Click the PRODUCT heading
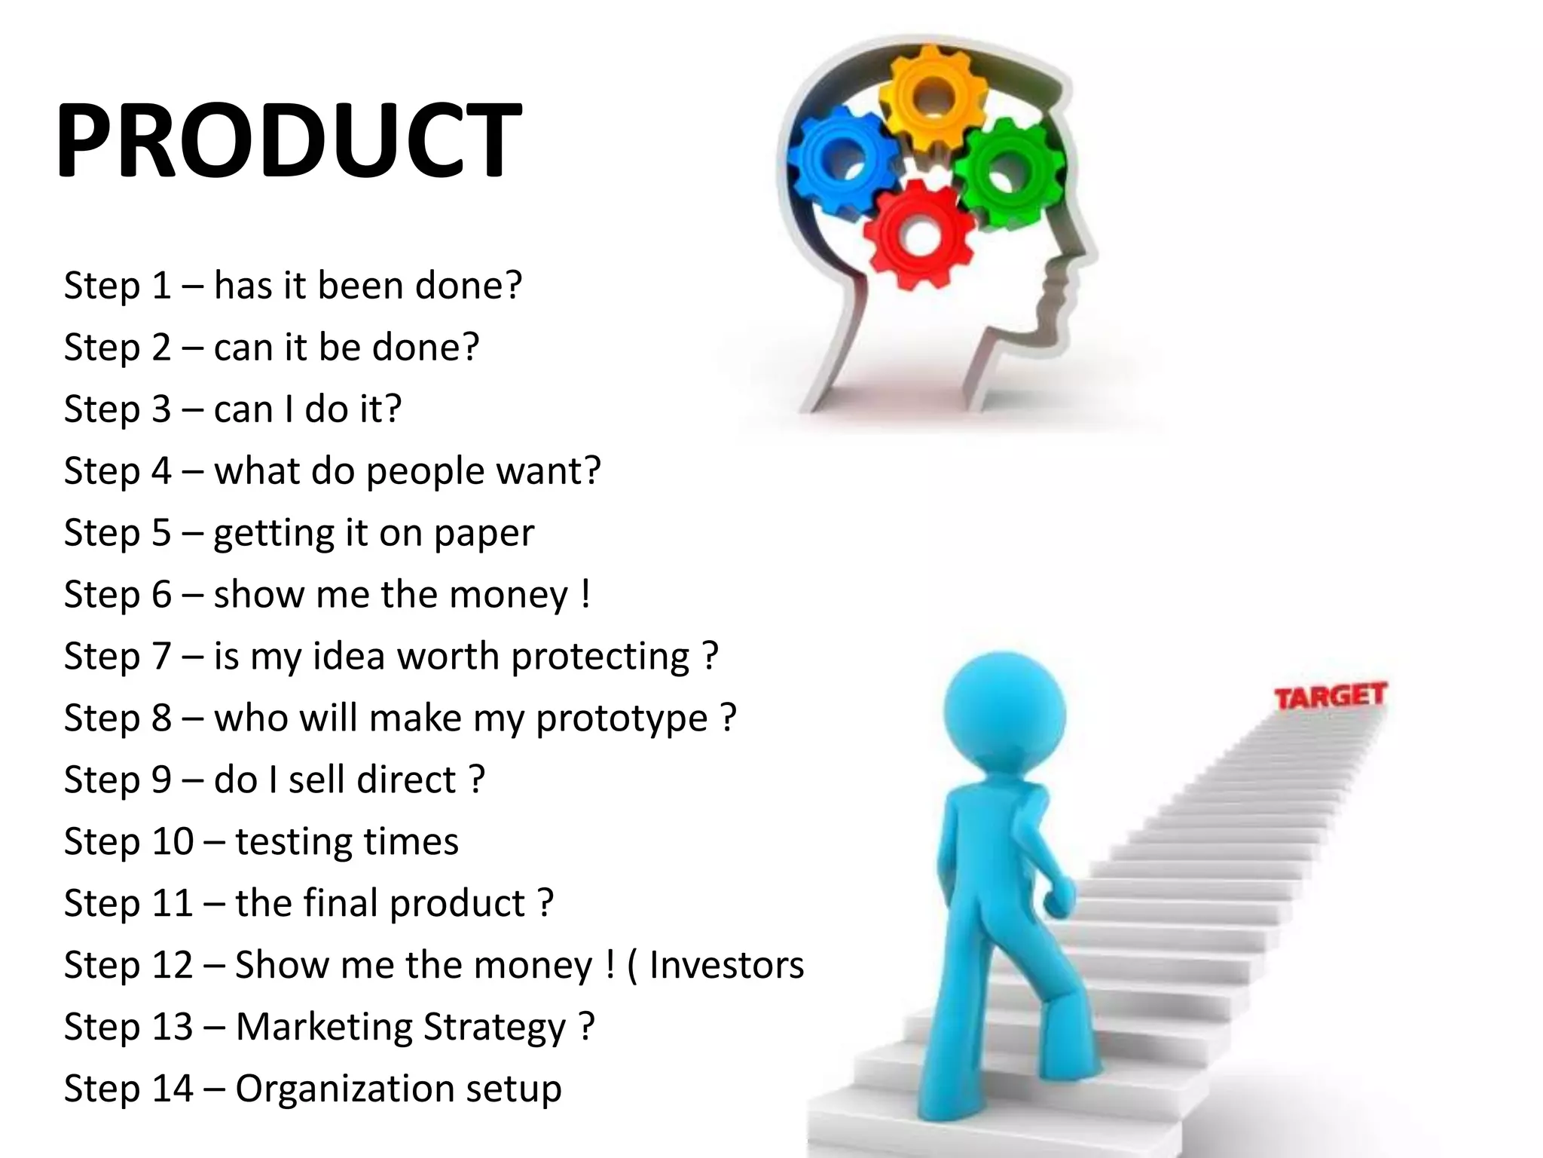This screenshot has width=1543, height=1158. point(288,140)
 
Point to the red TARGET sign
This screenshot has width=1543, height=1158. point(1330,696)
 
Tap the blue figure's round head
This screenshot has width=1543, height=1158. point(1004,713)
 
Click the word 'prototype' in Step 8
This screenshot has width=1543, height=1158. point(622,718)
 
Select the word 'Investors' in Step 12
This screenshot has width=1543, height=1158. point(726,965)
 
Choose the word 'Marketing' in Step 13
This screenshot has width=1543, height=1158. point(325,1027)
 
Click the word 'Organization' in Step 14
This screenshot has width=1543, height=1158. point(344,1089)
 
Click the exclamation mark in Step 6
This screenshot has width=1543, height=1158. point(585,594)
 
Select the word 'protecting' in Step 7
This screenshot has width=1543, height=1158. point(600,657)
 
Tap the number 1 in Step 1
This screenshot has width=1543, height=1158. point(161,286)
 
